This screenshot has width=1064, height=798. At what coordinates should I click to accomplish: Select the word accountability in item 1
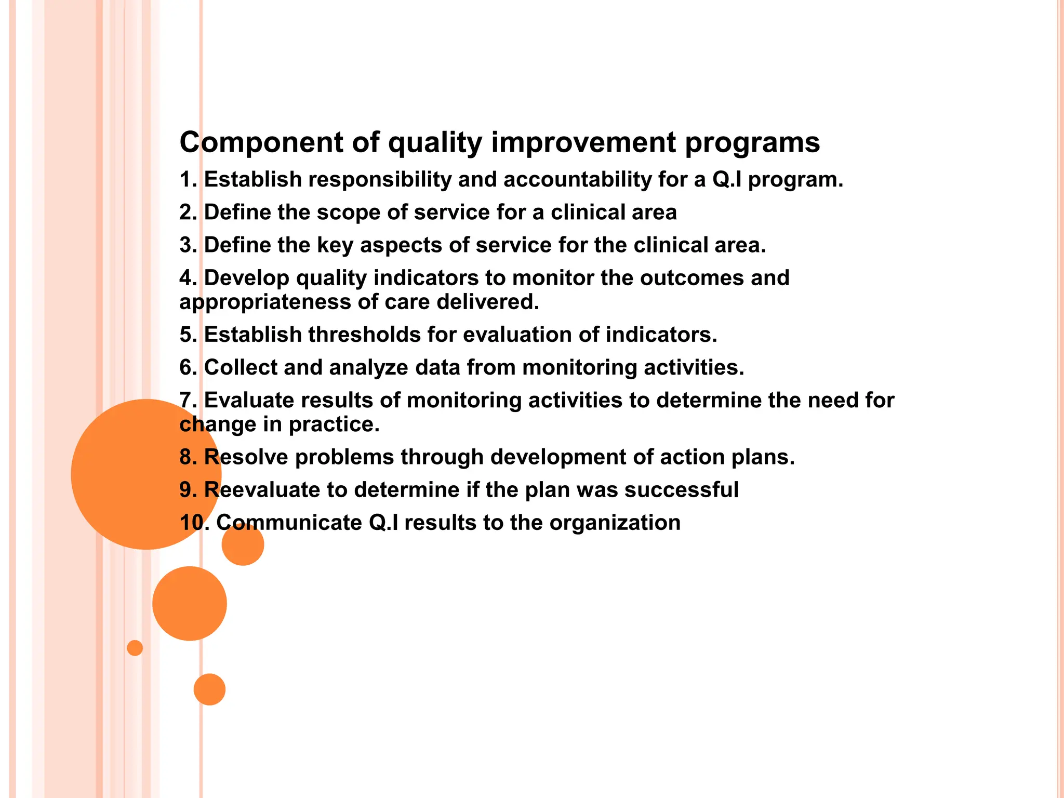click(x=577, y=180)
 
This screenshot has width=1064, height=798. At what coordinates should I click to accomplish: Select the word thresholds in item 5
click(x=364, y=335)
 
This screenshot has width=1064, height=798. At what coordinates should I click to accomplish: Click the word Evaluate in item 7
click(x=249, y=401)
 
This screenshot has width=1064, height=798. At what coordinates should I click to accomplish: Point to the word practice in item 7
click(x=334, y=425)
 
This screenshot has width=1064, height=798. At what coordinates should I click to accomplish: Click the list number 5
click(x=186, y=335)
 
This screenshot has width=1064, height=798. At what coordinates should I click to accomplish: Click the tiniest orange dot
click(x=135, y=648)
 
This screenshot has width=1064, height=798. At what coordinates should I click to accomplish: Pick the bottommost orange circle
click(x=209, y=689)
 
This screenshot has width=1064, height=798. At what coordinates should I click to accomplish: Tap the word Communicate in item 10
click(x=289, y=523)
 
